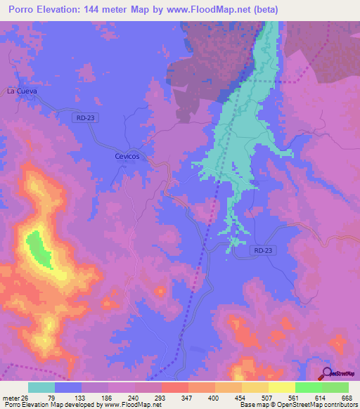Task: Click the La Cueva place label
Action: click(21, 91)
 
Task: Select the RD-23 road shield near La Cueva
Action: click(84, 119)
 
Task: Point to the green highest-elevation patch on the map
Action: click(38, 249)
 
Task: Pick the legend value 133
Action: click(81, 397)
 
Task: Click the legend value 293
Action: click(161, 397)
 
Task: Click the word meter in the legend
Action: click(11, 397)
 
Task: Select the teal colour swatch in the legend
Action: click(41, 387)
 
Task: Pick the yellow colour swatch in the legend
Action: click(282, 387)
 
